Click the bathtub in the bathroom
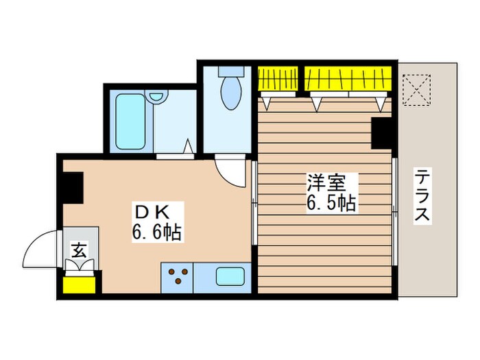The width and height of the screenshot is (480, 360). pos(130,121)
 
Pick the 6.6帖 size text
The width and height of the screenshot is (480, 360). pos(156,233)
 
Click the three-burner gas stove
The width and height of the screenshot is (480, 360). pos(178,278)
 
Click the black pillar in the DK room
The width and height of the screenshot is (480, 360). pos(71,187)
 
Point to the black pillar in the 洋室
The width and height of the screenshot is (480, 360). pos(381,133)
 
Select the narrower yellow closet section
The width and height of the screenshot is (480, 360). pos(278,77)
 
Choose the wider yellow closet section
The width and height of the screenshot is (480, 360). pos(348,77)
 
